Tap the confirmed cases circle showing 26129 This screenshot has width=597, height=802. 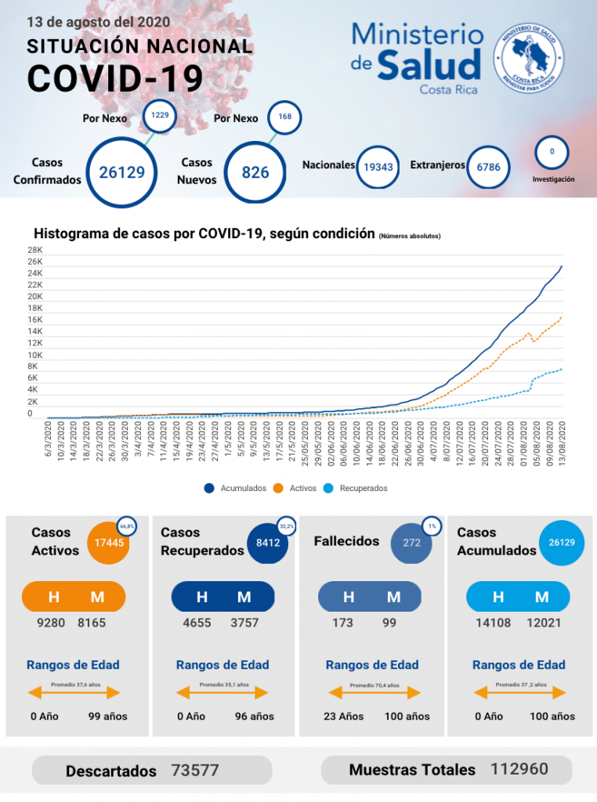click(122, 172)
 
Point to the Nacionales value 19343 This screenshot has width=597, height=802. click(378, 167)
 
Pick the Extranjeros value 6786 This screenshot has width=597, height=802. click(494, 167)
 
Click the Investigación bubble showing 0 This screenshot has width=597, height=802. click(552, 152)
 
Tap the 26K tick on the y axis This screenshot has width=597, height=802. click(34, 262)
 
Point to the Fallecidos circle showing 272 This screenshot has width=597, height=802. click(411, 542)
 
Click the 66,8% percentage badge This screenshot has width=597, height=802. click(127, 527)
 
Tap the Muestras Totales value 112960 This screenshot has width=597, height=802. click(519, 769)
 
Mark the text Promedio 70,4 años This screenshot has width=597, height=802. click(374, 685)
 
